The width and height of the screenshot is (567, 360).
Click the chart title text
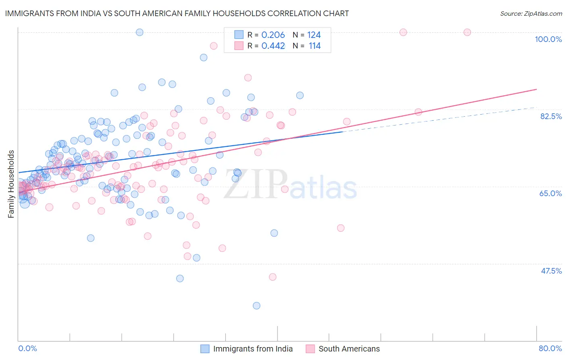pos(177,13)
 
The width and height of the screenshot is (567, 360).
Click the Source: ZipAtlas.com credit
pos(531,13)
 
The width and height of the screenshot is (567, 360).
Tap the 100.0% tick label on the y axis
pos(548,39)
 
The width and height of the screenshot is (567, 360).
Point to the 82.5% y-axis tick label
pos(550,116)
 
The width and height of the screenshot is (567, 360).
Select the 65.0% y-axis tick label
pos(550,193)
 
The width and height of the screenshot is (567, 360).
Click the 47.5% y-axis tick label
pos(551,271)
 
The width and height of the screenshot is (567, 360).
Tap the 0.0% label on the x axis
pos(27,348)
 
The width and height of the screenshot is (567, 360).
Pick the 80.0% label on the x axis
pos(550,348)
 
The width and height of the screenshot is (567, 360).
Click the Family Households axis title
pos(11,184)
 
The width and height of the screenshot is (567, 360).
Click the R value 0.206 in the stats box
pos(273,35)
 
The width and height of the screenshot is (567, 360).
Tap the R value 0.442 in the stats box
pos(273,46)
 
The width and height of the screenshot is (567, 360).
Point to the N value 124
pos(314,35)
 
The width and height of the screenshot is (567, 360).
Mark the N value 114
pos(315,46)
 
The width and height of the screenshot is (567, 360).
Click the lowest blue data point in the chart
pos(256,306)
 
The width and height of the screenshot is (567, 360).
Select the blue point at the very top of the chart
pos(140,32)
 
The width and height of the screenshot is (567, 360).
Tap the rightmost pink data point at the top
pos(467,32)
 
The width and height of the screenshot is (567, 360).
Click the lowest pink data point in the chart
pos(273,277)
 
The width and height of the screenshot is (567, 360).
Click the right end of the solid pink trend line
pos(536,89)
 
